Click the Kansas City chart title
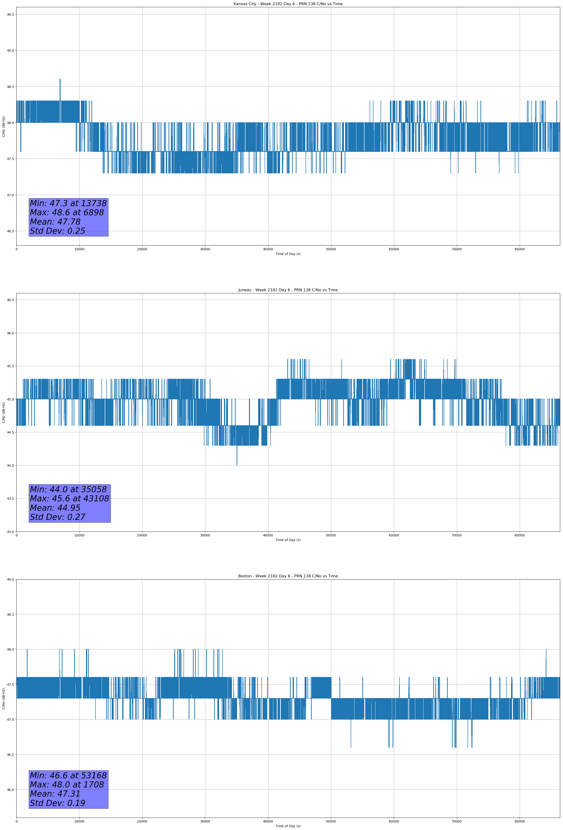pyautogui.click(x=288, y=4)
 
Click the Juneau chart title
pyautogui.click(x=288, y=290)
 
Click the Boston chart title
pyautogui.click(x=288, y=576)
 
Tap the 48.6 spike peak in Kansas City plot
pyautogui.click(x=60, y=80)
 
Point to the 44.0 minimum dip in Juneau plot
pyautogui.click(x=237, y=464)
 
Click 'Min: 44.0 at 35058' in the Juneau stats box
pyautogui.click(x=68, y=489)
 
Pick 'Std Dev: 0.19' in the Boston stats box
pyautogui.click(x=58, y=803)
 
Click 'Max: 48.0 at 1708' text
pyautogui.click(x=67, y=785)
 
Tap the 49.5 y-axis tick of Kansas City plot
pyautogui.click(x=10, y=14)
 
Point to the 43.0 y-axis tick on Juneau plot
pyautogui.click(x=10, y=532)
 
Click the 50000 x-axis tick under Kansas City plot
pyautogui.click(x=331, y=249)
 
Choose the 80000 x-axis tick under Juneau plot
pyautogui.click(x=520, y=535)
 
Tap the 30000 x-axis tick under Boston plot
pyautogui.click(x=205, y=821)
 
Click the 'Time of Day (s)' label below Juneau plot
pyautogui.click(x=288, y=540)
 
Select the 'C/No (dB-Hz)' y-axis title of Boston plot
pyautogui.click(x=4, y=699)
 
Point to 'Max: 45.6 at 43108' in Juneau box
pyautogui.click(x=69, y=499)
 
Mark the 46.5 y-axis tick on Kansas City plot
pyautogui.click(x=10, y=231)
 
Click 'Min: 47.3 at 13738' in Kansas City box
pyautogui.click(x=68, y=203)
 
